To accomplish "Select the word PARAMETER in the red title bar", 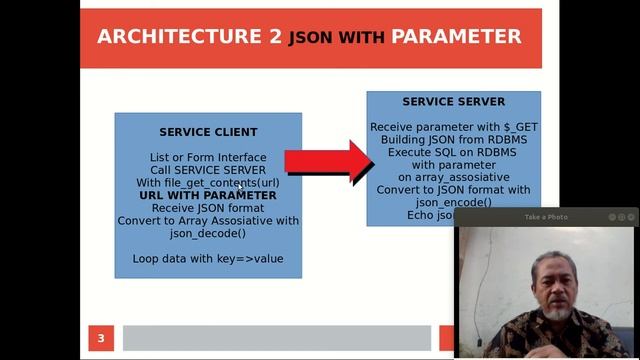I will (x=456, y=37).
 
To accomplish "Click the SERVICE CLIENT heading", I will (x=208, y=132).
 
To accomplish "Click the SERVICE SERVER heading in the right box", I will (x=453, y=102).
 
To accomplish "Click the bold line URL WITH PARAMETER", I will (x=208, y=195).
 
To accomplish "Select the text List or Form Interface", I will (x=208, y=157).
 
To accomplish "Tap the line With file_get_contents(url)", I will (x=208, y=183).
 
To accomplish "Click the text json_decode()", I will (x=208, y=233).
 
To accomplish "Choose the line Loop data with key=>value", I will (x=208, y=258).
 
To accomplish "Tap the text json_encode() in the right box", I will (x=453, y=202).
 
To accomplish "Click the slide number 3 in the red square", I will (x=100, y=338).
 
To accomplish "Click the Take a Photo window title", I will (x=546, y=217).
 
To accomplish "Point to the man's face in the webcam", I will (x=547, y=283).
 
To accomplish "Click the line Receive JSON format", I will (x=208, y=208).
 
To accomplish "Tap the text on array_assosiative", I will (x=453, y=177).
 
